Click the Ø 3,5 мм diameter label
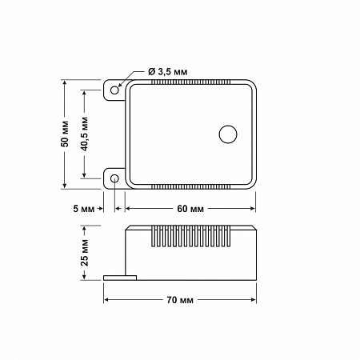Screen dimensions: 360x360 168,72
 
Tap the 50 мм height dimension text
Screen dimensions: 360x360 65,134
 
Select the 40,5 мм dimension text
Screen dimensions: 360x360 85,134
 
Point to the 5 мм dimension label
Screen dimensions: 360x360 84,209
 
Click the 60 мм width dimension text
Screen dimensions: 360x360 190,209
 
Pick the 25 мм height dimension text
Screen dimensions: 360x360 85,253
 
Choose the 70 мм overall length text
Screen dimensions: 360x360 180,300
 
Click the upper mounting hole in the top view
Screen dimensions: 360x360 114,90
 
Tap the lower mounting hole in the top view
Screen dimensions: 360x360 114,178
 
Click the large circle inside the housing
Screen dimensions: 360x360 228,134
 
